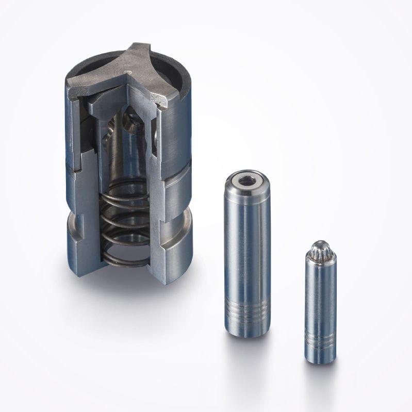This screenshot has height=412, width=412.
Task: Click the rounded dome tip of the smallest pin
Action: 320,246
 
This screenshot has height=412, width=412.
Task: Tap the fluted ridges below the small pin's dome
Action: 320,255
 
